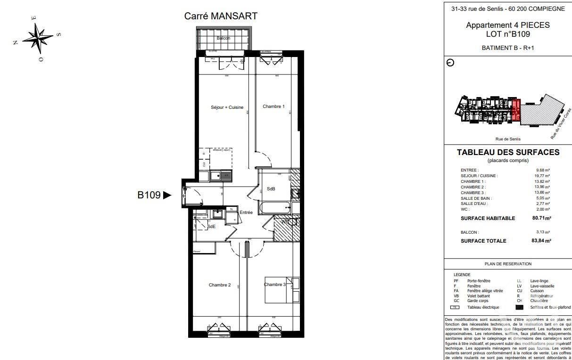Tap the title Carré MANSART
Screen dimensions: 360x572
pyautogui.click(x=221, y=16)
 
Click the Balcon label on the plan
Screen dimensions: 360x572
pyautogui.click(x=224, y=38)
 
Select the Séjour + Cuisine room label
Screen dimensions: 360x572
pyautogui.click(x=227, y=107)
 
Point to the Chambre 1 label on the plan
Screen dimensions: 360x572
pyautogui.click(x=274, y=106)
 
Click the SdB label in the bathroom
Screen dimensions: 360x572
pyautogui.click(x=271, y=189)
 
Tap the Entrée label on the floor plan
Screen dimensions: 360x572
pyautogui.click(x=246, y=213)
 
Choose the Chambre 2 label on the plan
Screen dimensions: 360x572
pyautogui.click(x=220, y=285)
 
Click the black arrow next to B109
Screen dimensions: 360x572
pyautogui.click(x=167, y=195)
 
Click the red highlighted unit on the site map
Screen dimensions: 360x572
pyautogui.click(x=516, y=111)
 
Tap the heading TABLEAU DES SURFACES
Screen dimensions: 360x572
pyautogui.click(x=508, y=152)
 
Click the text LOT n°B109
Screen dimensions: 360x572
pyautogui.click(x=508, y=34)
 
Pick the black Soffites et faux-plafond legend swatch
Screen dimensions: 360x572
pyautogui.click(x=520, y=307)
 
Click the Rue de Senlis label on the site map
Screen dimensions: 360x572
pyautogui.click(x=508, y=139)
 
